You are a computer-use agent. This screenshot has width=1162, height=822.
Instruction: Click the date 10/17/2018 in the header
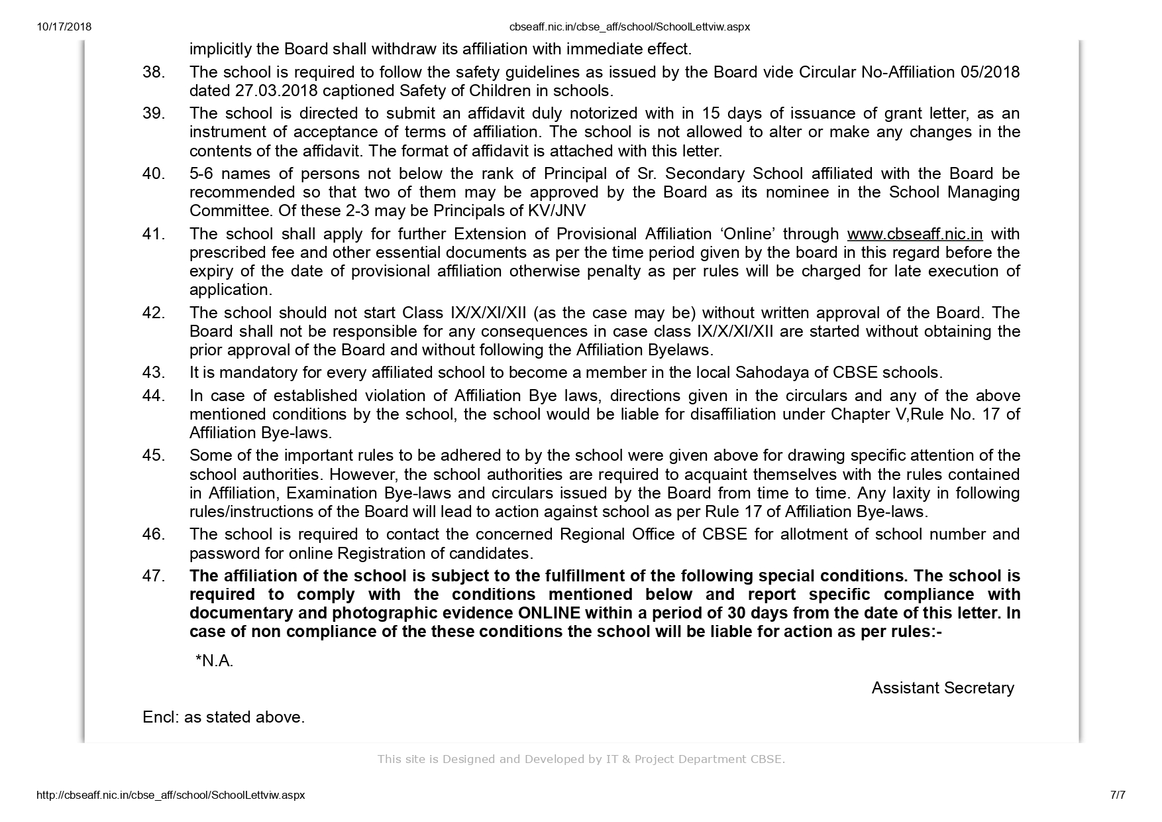[x=64, y=27]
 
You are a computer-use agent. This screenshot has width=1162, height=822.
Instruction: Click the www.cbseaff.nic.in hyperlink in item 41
[x=915, y=234]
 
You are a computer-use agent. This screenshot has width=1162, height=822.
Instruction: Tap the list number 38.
[x=153, y=72]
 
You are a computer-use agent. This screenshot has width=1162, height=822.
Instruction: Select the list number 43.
[x=153, y=373]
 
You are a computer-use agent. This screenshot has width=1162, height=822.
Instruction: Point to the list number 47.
[x=153, y=576]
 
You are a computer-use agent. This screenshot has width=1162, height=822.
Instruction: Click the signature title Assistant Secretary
[x=942, y=688]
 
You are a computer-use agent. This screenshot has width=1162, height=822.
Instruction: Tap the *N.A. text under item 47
[x=214, y=661]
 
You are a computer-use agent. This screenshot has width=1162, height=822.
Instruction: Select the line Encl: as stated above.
[x=223, y=717]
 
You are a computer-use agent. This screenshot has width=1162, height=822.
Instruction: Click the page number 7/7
[x=1117, y=795]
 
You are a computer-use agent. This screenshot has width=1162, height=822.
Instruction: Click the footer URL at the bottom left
[x=170, y=795]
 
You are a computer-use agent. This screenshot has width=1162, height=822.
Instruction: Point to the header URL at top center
[x=629, y=27]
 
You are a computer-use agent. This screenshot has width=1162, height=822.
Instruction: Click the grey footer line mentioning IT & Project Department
[x=581, y=759]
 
